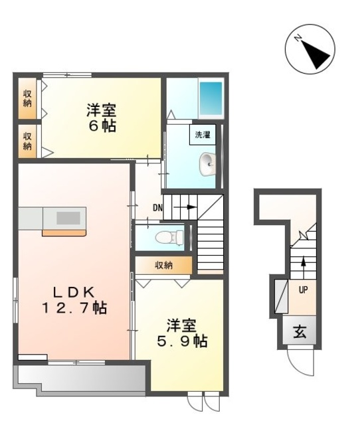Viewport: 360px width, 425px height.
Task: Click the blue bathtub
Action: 211,98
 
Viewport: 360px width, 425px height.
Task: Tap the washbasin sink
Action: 207,164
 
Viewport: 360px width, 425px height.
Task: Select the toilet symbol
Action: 169,237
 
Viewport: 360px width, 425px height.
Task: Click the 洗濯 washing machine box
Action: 203,134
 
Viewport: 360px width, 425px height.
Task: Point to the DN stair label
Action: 158,208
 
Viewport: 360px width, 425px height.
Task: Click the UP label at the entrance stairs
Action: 303,290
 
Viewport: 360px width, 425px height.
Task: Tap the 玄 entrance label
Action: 300,331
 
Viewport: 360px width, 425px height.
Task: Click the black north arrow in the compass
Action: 315,55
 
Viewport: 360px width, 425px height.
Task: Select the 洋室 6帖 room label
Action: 102,118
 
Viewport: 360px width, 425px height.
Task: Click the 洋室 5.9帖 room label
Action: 182,333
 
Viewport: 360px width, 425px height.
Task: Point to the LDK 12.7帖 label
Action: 74,300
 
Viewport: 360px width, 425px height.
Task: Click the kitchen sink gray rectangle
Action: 68,218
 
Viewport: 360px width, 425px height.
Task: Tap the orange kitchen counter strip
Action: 64,233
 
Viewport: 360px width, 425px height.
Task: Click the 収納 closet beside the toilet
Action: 164,265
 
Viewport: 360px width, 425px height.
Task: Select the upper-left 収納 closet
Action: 27,98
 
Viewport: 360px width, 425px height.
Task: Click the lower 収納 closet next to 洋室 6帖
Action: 27,141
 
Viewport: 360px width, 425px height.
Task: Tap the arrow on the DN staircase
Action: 185,207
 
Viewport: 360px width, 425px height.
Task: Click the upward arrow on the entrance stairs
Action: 304,267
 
